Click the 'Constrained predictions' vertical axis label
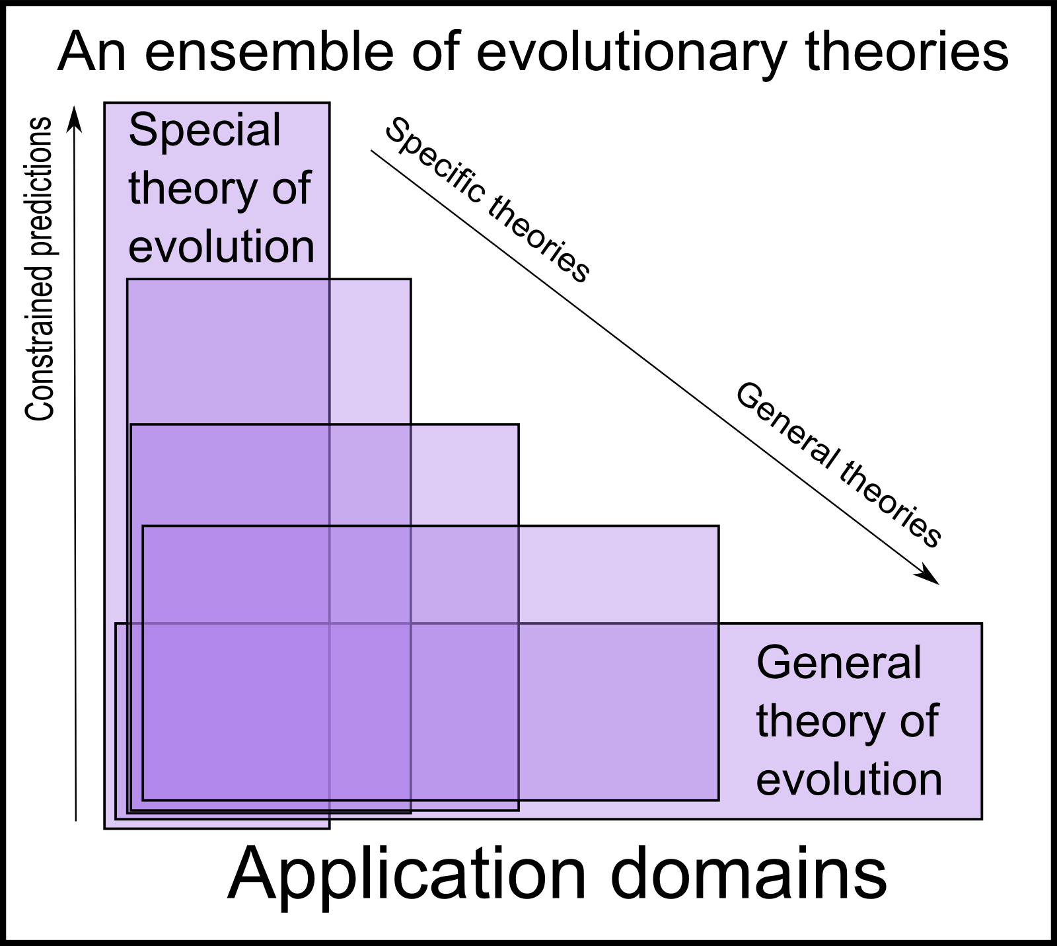39,269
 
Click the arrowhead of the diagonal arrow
929,576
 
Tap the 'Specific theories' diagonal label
487,200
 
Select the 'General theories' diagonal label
838,465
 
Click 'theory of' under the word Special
219,188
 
